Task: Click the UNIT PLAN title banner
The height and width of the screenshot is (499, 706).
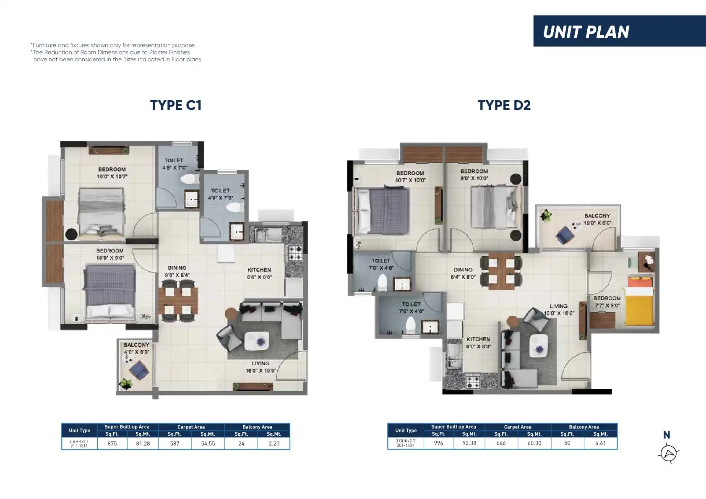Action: coord(619,31)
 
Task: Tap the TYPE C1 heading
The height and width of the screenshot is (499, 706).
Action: coord(175,105)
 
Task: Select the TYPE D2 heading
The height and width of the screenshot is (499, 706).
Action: coord(504,105)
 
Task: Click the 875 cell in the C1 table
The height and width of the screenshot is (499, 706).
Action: coord(112,444)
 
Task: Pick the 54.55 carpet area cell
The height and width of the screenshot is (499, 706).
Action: coord(208,444)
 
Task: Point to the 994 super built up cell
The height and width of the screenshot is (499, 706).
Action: coord(438,443)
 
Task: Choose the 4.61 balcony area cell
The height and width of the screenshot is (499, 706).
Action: coord(600,443)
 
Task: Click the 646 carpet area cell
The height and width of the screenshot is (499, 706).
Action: coord(501,443)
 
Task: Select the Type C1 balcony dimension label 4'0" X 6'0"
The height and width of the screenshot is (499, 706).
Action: coord(136,352)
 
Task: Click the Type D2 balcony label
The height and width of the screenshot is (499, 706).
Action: coord(597,216)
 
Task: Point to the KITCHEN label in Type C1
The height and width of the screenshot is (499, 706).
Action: coord(259,270)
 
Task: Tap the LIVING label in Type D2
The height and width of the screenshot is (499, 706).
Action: coord(558,306)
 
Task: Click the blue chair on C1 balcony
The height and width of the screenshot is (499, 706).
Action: coord(139,370)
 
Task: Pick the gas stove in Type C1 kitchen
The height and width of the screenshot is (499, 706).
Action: coord(295,253)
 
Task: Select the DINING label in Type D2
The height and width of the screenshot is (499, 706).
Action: coord(463,270)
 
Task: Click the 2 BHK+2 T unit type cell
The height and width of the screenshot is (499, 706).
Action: coord(79,444)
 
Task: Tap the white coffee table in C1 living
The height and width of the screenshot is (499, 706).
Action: coord(257,341)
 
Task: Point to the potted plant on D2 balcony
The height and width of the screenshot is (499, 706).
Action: coord(545,216)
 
